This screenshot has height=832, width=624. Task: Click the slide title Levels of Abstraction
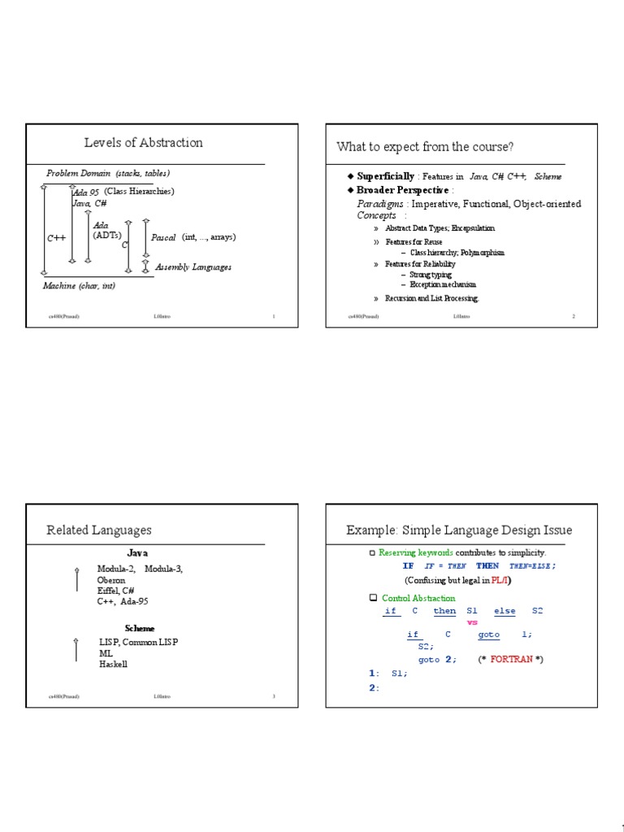coord(143,143)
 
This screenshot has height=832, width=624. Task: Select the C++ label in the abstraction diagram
coord(56,238)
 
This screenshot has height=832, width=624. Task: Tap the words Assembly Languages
coord(193,266)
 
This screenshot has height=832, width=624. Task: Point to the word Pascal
coord(163,237)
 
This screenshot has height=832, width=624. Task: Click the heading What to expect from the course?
coord(425,146)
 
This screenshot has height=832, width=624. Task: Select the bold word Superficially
coord(385,176)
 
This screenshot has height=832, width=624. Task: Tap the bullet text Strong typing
coord(431,275)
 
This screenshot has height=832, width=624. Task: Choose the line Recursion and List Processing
coord(432,298)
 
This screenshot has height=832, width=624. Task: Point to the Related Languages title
coord(99,530)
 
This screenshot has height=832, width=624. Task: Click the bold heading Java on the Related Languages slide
coord(137,552)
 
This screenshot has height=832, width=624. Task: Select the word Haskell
coord(114,664)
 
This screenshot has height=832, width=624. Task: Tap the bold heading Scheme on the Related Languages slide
coord(139,628)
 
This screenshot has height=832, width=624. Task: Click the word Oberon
coord(111,580)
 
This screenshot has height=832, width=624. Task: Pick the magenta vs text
coord(472,622)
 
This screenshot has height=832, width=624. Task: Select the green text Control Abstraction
coord(418,598)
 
